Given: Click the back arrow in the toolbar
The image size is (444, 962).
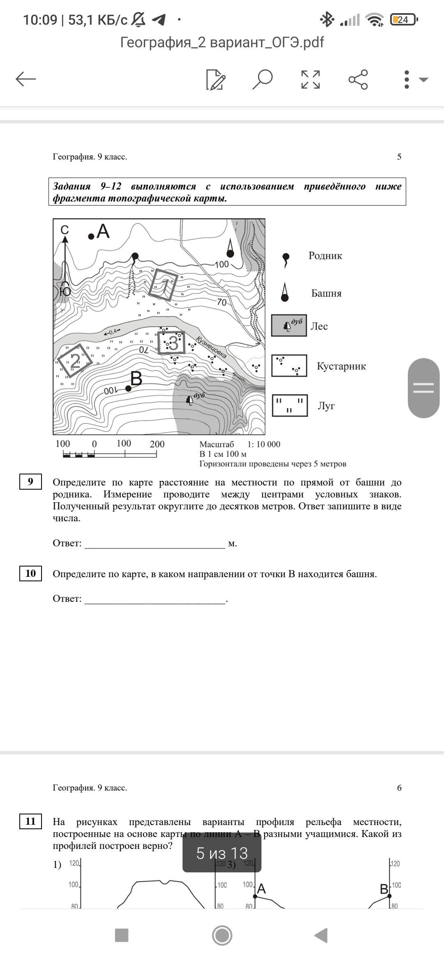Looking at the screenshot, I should (26, 79).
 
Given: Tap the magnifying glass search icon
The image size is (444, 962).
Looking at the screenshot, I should (262, 79).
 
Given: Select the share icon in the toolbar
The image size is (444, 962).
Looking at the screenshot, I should (358, 79).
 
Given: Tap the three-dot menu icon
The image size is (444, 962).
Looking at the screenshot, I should (407, 79).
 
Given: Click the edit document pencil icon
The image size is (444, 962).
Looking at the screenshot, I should (215, 79).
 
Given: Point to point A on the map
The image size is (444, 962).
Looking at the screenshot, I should (91, 236).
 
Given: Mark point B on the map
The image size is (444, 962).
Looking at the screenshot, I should (128, 388).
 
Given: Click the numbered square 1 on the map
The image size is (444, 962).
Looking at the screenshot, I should (163, 284).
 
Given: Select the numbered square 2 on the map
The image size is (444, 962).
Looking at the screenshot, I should (75, 361).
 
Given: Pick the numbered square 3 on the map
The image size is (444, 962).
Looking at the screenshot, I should (171, 343).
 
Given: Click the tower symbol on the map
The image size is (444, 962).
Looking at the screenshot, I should (230, 250).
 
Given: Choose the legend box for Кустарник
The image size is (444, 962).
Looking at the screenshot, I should (289, 365).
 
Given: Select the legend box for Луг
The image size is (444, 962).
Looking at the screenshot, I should (289, 405).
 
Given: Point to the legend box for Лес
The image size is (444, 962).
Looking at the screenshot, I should (289, 326).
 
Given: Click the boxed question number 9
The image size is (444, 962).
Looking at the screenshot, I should (30, 481).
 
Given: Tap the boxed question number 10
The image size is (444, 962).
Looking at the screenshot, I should (30, 573).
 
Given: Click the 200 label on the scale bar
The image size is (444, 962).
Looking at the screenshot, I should (157, 444).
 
